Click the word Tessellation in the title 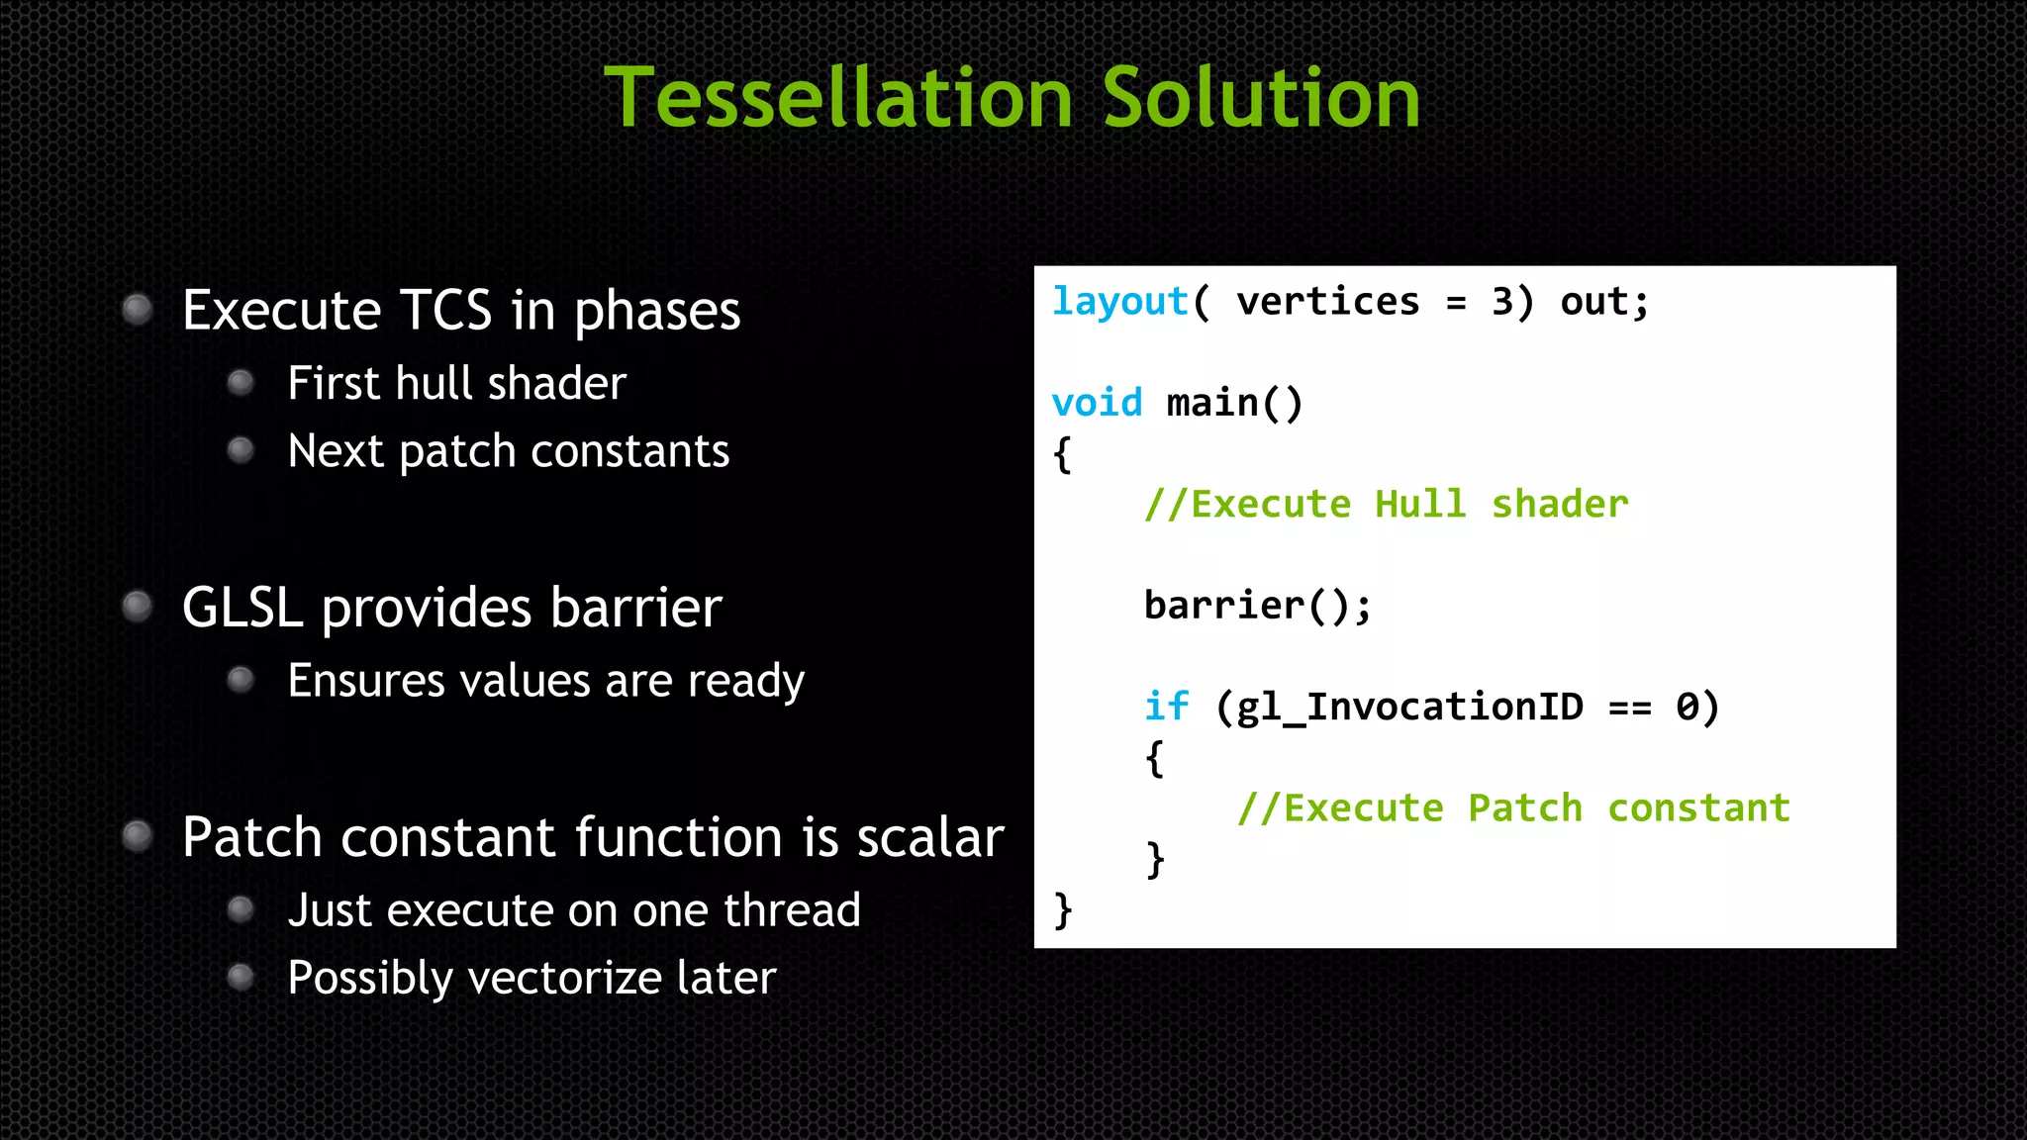[838, 98]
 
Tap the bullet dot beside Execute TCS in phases [138, 310]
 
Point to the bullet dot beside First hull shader [241, 383]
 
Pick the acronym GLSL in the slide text [241, 608]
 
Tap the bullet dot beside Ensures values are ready [241, 680]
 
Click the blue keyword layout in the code [1119, 302]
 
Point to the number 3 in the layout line [1502, 302]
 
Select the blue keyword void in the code [1097, 404]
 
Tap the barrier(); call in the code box [1257, 606]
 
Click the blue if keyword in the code [1166, 707]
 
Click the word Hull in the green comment [1420, 505]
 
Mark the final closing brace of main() [1063, 909]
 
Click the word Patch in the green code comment [1525, 808]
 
